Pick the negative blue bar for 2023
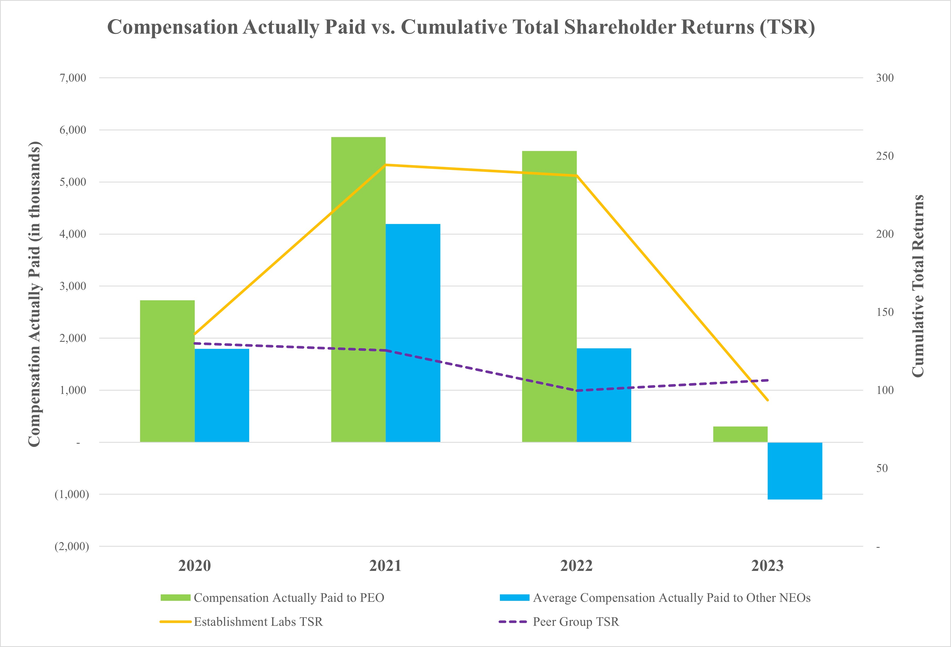point(795,471)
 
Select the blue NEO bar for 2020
point(222,395)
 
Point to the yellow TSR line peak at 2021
point(385,165)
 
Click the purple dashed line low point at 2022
point(576,390)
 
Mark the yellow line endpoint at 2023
point(768,400)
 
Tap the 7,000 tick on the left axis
point(73,78)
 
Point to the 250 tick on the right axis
point(885,156)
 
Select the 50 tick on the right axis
point(882,468)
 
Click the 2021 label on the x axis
point(385,566)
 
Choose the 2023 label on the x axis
point(767,566)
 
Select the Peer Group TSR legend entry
point(575,622)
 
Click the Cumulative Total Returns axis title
point(918,286)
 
